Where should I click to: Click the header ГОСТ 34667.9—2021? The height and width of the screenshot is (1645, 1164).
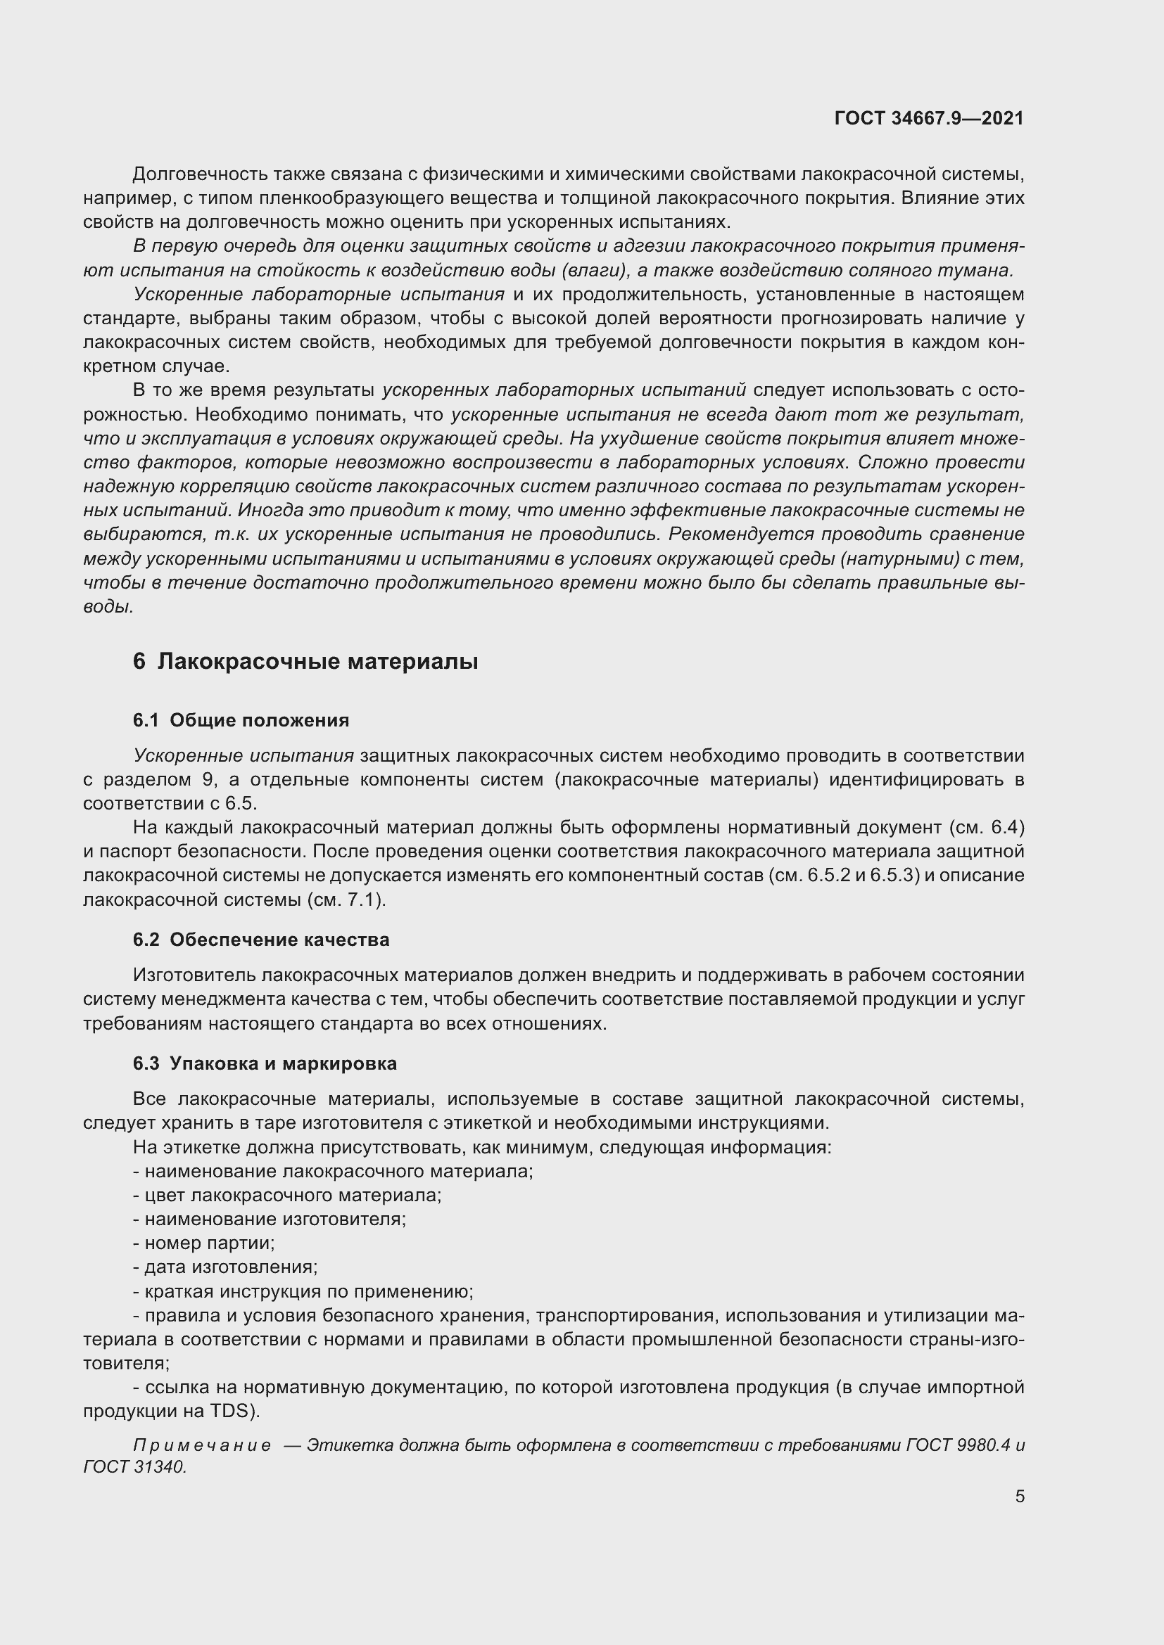(x=929, y=118)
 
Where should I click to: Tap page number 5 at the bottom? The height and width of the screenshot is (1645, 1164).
(x=1019, y=1496)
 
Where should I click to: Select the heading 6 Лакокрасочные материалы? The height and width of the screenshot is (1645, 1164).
(x=305, y=661)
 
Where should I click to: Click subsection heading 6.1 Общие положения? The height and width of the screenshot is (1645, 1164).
(x=241, y=720)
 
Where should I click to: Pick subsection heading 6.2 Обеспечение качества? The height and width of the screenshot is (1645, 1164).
(x=261, y=940)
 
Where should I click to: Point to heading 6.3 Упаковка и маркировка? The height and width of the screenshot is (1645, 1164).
(x=265, y=1063)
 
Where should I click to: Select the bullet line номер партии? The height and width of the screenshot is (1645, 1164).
(x=203, y=1243)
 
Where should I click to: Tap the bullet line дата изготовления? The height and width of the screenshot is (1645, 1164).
(x=225, y=1267)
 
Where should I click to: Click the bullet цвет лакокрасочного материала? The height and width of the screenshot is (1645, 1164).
(x=286, y=1195)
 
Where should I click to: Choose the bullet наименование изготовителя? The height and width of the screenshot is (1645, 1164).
(x=270, y=1219)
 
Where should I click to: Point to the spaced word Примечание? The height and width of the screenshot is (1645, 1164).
(x=202, y=1445)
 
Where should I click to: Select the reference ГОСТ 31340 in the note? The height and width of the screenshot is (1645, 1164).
(x=134, y=1467)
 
